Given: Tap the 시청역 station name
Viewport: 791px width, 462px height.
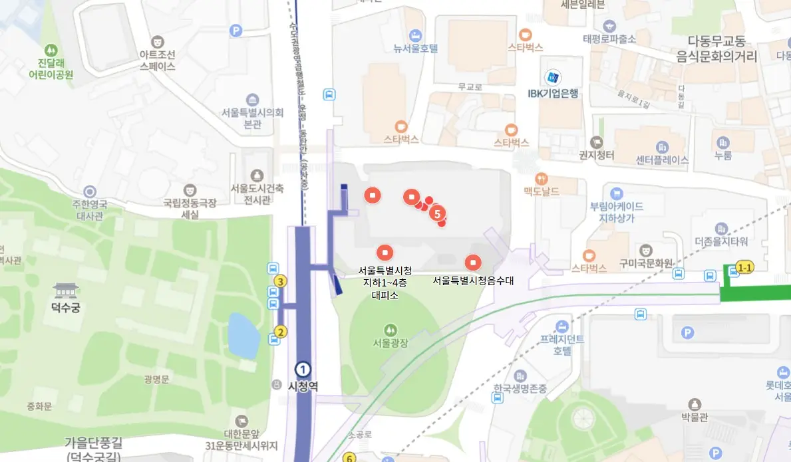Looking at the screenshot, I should click(x=303, y=385).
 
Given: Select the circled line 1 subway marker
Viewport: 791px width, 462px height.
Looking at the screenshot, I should click(x=303, y=370).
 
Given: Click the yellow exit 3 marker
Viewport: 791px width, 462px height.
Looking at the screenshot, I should click(x=281, y=281).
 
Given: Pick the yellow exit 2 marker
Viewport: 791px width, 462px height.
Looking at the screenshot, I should click(x=281, y=332).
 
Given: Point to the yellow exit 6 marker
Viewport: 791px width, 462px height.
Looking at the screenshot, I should click(x=349, y=457).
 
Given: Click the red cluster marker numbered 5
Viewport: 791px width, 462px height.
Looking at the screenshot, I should click(x=437, y=213).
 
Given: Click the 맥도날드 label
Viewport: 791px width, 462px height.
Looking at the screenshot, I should click(x=542, y=191).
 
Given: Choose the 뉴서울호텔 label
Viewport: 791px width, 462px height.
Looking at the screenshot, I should click(x=415, y=48).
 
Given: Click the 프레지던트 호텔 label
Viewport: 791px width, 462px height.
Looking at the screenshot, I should click(x=562, y=345).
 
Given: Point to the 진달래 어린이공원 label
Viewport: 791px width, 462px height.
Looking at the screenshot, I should click(x=51, y=68).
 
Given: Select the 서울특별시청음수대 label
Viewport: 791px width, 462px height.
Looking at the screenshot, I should click(x=473, y=281).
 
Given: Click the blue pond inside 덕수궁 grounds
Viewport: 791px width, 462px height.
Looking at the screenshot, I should click(x=244, y=334).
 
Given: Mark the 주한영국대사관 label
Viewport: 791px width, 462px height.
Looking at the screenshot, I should click(x=90, y=210).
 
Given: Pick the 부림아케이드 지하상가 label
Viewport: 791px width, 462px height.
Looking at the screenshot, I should click(x=616, y=211).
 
